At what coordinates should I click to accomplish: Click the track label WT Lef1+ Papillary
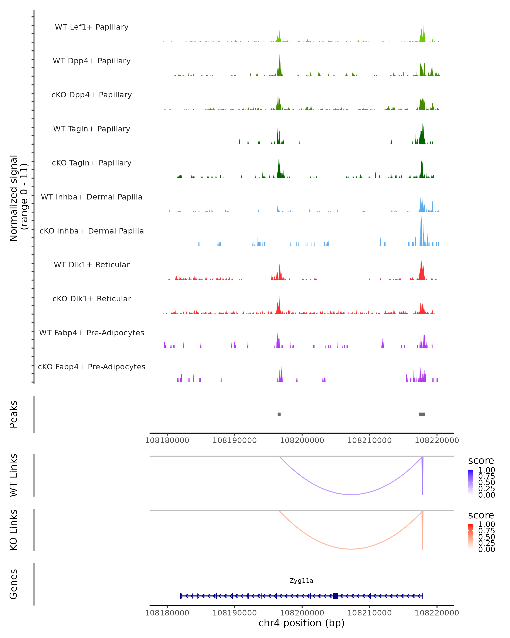pyautogui.click(x=92, y=27)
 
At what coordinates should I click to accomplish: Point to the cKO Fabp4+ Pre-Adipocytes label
pyautogui.click(x=92, y=367)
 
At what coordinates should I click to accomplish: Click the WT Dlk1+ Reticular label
pyautogui.click(x=92, y=265)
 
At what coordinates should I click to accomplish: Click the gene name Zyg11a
pyautogui.click(x=301, y=581)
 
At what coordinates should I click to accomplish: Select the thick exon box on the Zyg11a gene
pyautogui.click(x=335, y=596)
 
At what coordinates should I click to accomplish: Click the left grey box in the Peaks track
pyautogui.click(x=279, y=414)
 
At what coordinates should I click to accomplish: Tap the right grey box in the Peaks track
pyautogui.click(x=422, y=414)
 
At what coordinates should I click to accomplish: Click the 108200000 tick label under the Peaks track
pyautogui.click(x=302, y=440)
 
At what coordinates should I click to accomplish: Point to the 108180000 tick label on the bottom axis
pyautogui.click(x=167, y=612)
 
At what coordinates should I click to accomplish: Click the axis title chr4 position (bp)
pyautogui.click(x=301, y=623)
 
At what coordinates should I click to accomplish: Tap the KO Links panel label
pyautogui.click(x=14, y=530)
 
